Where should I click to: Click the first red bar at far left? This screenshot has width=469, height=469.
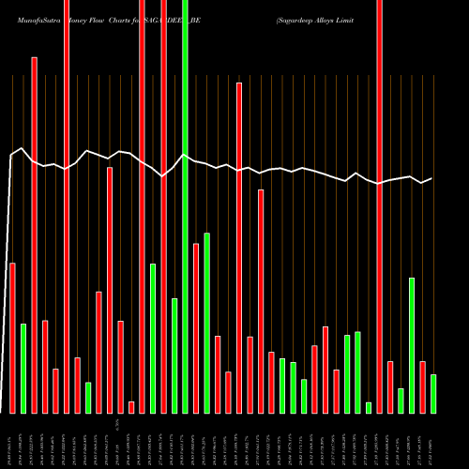12,338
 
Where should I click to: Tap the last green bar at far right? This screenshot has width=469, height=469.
433,393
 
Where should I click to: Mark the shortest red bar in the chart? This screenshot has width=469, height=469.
131,407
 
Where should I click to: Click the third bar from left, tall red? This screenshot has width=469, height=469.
35,234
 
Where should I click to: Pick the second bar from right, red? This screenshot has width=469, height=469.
422,386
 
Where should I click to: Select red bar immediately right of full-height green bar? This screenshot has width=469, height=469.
196,327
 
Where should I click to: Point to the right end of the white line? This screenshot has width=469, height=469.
431,178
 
